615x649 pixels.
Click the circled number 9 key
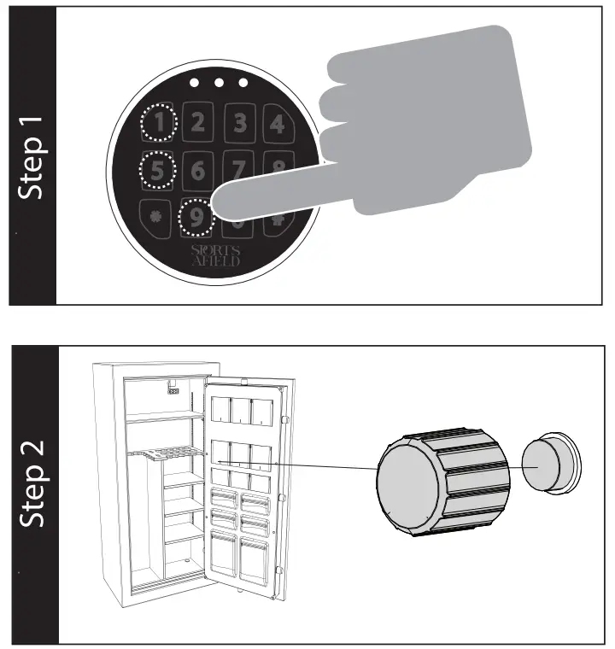pos(197,218)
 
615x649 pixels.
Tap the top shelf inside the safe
pos(164,415)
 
